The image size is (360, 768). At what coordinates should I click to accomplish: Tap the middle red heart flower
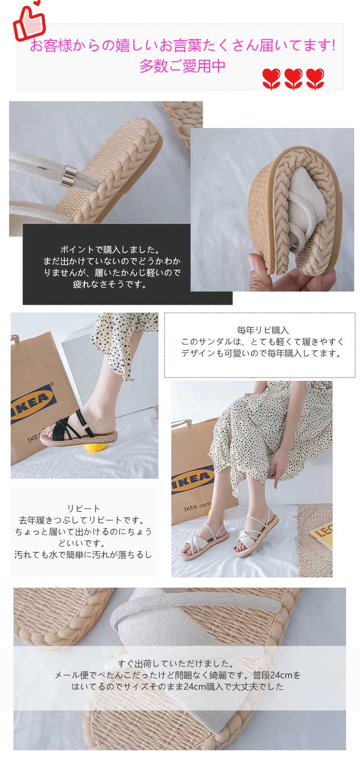coord(293,79)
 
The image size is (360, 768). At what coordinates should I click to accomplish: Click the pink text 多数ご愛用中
coord(182,66)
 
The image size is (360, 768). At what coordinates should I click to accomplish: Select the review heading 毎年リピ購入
coord(263,330)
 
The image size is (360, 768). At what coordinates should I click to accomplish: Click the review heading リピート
coord(84,508)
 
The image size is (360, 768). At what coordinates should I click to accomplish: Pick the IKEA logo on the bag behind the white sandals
coord(192,478)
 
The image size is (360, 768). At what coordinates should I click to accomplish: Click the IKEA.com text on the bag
coord(197,507)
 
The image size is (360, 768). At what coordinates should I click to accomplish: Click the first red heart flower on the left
coord(272,79)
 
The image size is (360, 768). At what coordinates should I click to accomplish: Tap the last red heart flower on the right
coord(315,79)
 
